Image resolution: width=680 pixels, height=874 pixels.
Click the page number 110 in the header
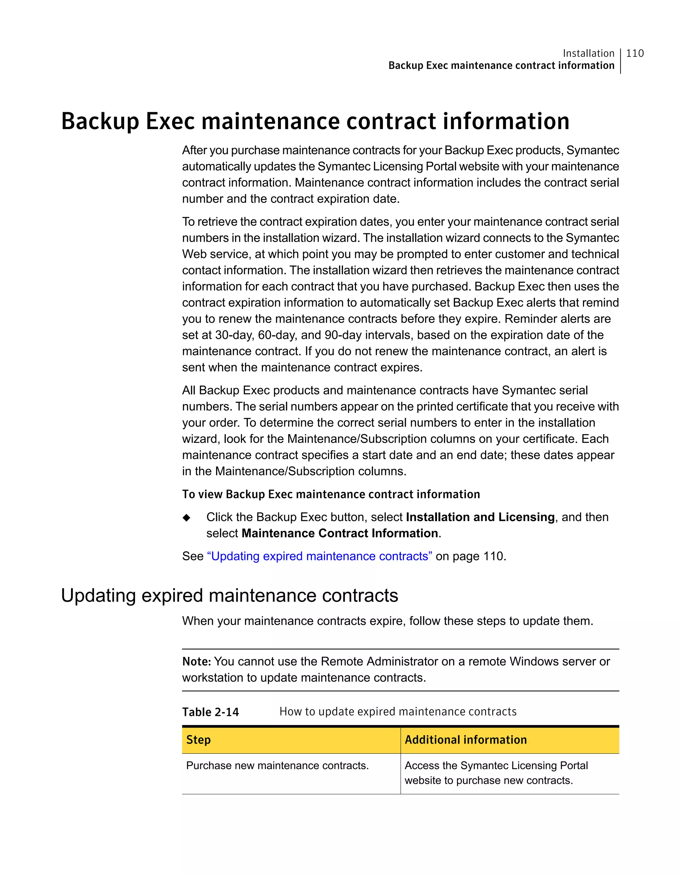(635, 53)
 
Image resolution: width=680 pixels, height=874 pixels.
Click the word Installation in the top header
(588, 53)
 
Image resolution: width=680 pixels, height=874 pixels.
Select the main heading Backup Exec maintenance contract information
(315, 121)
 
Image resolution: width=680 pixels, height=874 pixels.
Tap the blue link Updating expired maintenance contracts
(319, 556)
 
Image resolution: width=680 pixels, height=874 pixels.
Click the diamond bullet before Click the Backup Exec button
(186, 518)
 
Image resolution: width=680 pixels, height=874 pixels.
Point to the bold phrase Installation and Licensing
(480, 517)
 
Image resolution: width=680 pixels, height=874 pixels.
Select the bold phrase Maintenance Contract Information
(340, 533)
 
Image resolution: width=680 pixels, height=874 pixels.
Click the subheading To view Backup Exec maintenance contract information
(331, 494)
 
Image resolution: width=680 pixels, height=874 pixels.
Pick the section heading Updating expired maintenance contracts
(229, 596)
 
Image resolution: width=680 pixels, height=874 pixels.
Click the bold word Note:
(197, 662)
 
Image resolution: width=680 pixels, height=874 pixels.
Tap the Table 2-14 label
(211, 712)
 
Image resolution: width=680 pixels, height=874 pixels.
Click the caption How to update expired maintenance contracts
(398, 712)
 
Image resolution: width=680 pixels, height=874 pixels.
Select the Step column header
(199, 740)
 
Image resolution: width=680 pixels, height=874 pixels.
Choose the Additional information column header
(466, 740)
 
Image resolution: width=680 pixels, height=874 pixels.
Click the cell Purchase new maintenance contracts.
(277, 765)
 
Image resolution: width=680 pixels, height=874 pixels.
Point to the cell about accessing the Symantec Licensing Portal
(496, 773)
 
